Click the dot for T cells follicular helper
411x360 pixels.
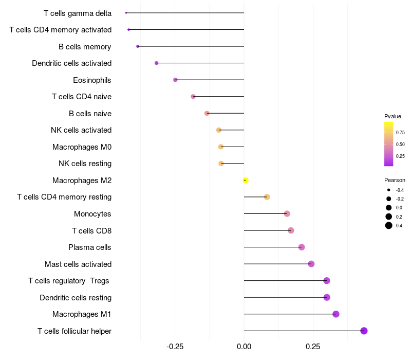point(364,331)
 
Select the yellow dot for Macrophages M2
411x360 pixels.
point(246,180)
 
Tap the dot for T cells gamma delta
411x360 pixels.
point(126,13)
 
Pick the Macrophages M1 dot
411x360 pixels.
point(336,314)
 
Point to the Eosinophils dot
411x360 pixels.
point(175,80)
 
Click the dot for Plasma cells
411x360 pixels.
point(302,247)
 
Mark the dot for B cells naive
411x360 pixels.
point(207,113)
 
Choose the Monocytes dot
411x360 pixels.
point(287,214)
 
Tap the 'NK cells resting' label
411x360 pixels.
point(85,164)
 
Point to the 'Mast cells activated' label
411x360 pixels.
point(78,264)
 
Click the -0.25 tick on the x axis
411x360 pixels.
point(175,346)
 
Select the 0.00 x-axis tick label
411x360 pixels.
point(244,346)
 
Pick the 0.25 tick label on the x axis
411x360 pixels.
point(312,346)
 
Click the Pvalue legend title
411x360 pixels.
point(393,116)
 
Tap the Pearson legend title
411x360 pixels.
point(395,180)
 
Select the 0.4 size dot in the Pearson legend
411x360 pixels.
point(389,225)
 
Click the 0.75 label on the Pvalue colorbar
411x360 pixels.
point(400,132)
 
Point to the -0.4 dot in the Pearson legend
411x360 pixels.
point(389,190)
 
